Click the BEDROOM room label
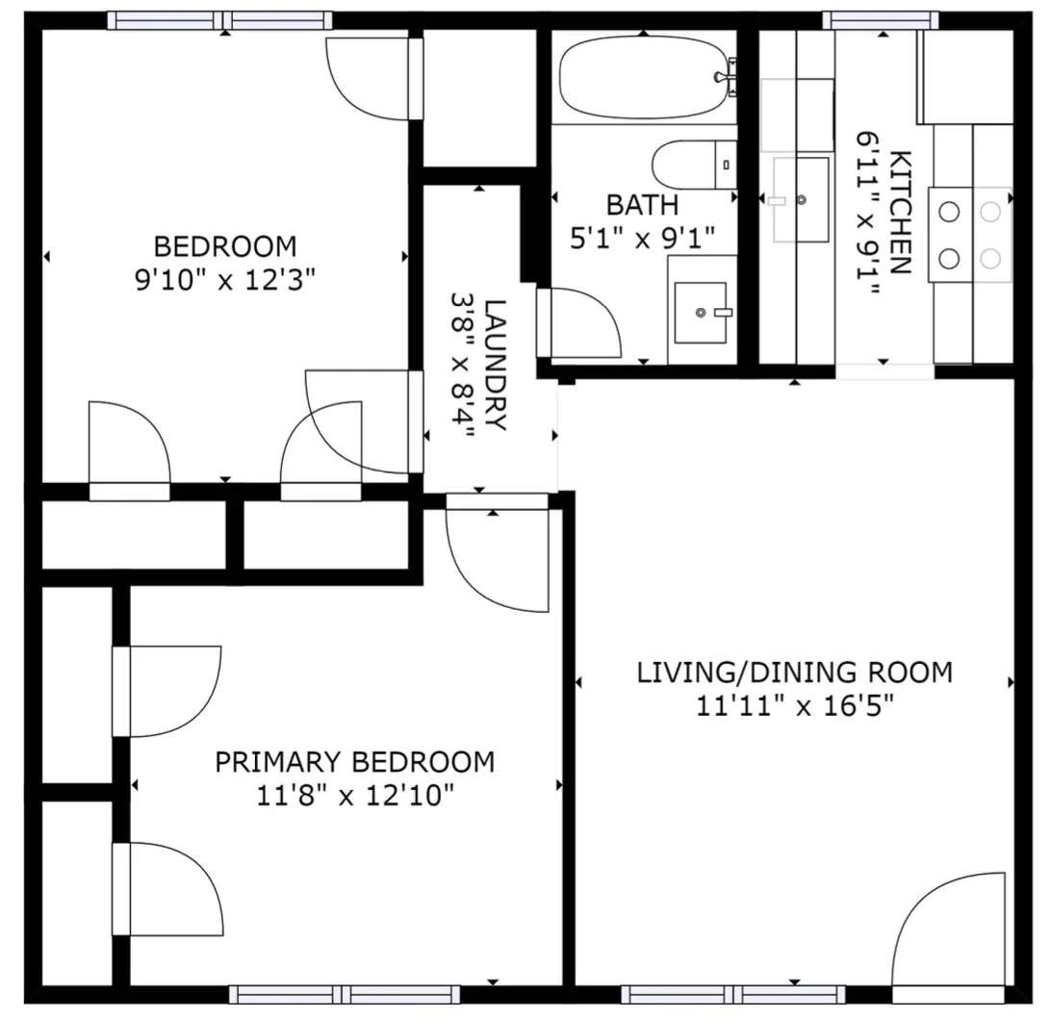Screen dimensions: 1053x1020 (225, 246)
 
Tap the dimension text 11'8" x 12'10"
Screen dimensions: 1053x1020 (355, 796)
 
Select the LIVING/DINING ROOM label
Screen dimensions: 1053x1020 (794, 673)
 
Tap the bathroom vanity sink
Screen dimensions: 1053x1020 (701, 312)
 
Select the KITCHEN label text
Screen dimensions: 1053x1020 (900, 213)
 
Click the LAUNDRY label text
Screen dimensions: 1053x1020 (495, 365)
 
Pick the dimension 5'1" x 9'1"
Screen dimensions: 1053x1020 (643, 238)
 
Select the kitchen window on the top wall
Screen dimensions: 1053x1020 (881, 21)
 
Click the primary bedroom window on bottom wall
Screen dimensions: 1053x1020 (345, 994)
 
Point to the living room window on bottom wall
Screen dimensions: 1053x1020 (733, 994)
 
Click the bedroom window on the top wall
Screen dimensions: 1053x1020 (219, 21)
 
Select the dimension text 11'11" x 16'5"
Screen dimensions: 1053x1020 (795, 706)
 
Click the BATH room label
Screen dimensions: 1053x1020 (643, 206)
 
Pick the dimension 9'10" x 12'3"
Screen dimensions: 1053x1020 (225, 280)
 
